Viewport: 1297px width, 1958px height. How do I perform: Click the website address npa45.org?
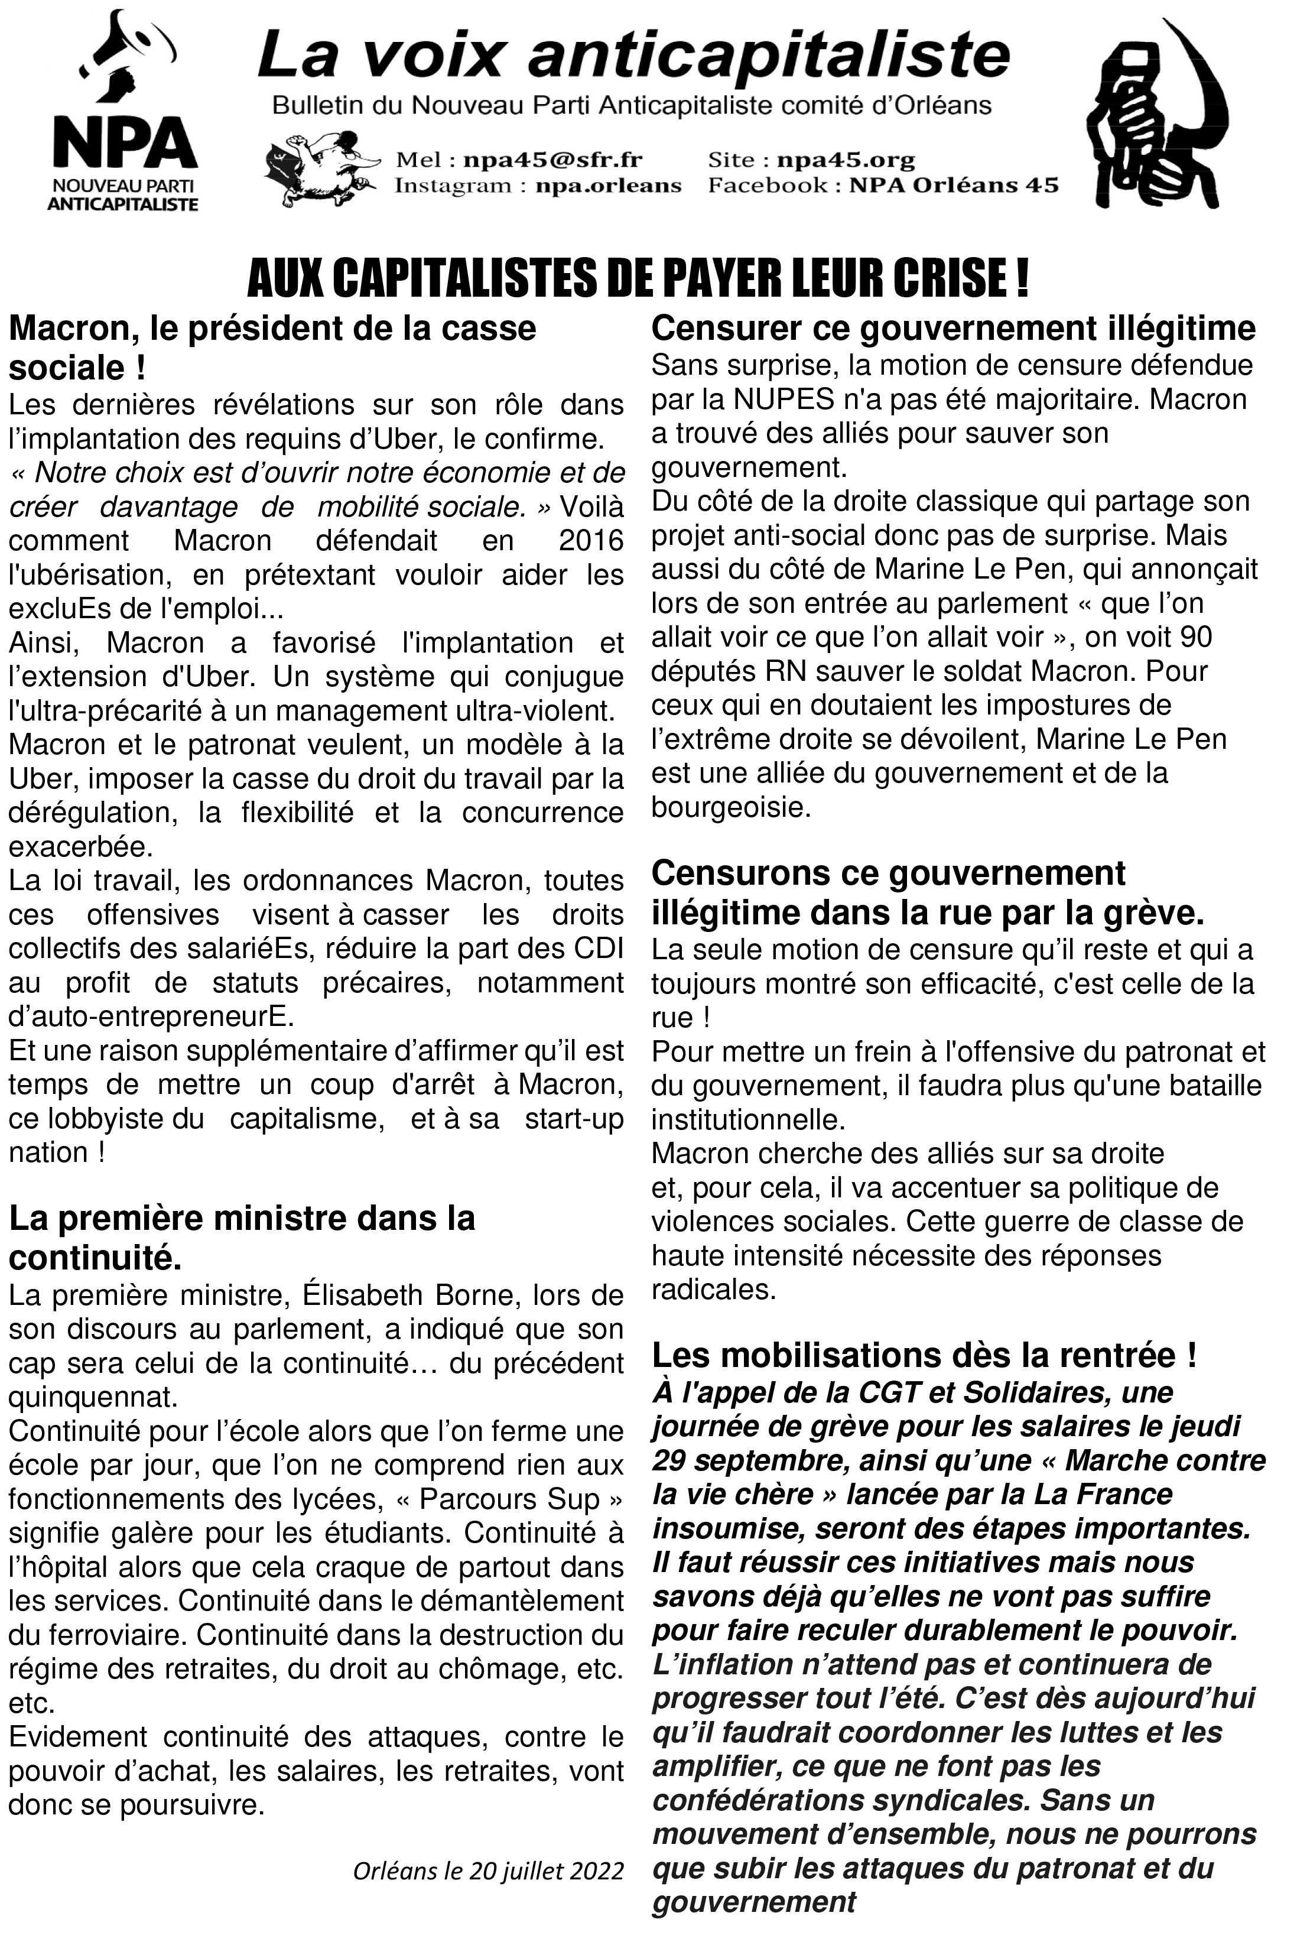click(846, 160)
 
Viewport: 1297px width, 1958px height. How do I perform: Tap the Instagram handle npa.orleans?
click(608, 186)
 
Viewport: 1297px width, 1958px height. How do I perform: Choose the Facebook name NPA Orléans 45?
click(954, 186)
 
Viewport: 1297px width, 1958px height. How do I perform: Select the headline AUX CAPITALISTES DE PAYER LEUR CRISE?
click(638, 280)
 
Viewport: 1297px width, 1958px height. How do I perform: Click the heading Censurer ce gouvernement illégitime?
click(953, 329)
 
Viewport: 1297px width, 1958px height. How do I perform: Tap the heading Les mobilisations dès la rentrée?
click(924, 1355)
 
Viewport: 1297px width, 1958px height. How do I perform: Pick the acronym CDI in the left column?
click(597, 949)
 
